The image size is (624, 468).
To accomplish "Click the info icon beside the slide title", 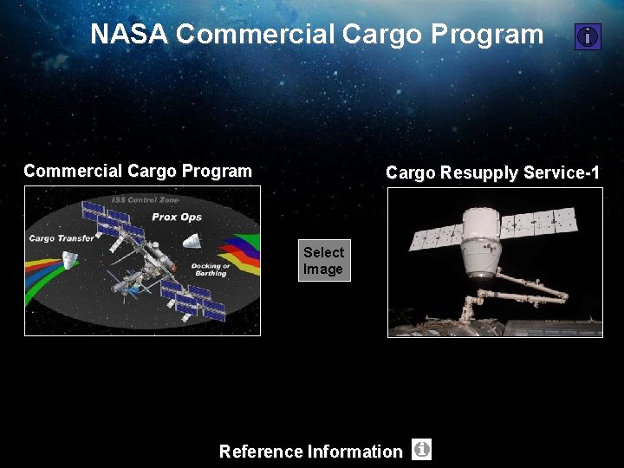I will pos(588,36).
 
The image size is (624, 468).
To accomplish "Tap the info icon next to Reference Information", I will pos(421,450).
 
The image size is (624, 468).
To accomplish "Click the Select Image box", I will pos(324,261).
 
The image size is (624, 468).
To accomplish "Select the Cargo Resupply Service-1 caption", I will pos(492,172).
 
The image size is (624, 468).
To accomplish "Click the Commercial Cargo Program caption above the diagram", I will pos(138,171).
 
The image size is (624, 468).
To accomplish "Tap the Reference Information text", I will pos(310,452).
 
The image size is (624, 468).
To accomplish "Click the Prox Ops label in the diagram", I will pos(177,217).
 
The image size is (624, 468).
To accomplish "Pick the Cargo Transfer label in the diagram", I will pos(62,238).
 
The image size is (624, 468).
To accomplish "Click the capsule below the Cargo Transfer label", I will pos(69,259).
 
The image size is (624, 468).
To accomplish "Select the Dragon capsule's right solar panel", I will pos(543,222).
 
